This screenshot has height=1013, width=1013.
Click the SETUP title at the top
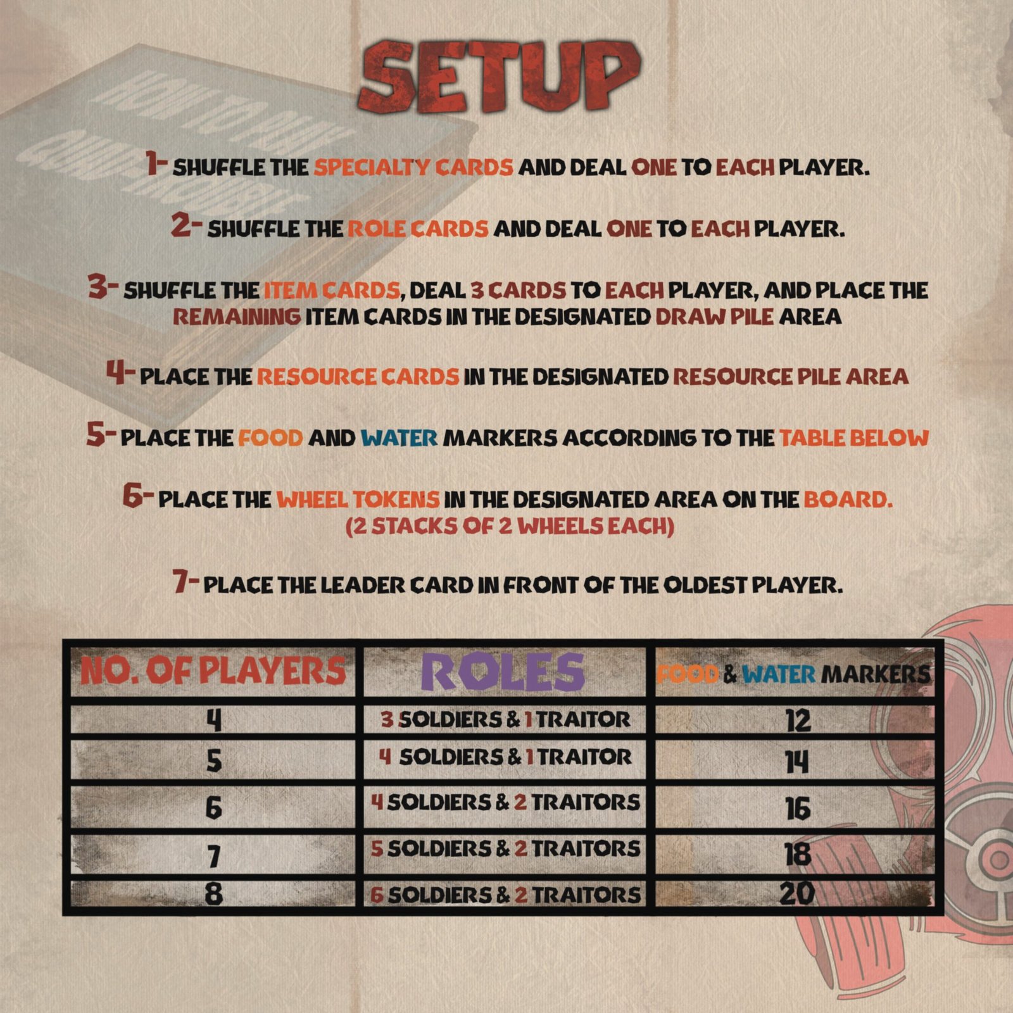click(x=499, y=77)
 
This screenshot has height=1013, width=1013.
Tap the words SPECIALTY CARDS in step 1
click(x=413, y=167)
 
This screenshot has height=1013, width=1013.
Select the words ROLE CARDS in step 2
click(x=418, y=229)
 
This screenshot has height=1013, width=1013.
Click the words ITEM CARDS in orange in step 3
click(x=332, y=291)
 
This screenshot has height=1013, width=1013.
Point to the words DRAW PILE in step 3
click(x=714, y=316)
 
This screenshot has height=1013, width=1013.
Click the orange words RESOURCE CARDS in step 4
click(x=358, y=377)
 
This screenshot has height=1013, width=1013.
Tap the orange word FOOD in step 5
click(x=270, y=437)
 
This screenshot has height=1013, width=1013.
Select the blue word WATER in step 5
click(x=399, y=437)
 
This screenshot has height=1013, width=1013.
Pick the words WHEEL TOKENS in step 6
click(x=358, y=500)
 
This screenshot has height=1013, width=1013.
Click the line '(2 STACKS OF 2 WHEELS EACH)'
click(x=510, y=527)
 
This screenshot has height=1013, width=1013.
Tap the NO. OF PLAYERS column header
click(x=213, y=671)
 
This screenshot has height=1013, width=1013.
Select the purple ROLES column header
click(x=503, y=672)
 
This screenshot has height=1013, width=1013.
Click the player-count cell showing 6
click(x=214, y=808)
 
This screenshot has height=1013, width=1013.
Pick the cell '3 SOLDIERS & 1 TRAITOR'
click(x=505, y=720)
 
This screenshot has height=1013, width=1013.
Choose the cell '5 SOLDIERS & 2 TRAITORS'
click(x=505, y=848)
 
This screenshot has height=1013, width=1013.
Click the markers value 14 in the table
click(x=797, y=761)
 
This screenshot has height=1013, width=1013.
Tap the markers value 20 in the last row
click(x=797, y=893)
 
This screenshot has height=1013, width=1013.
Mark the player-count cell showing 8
click(x=214, y=895)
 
